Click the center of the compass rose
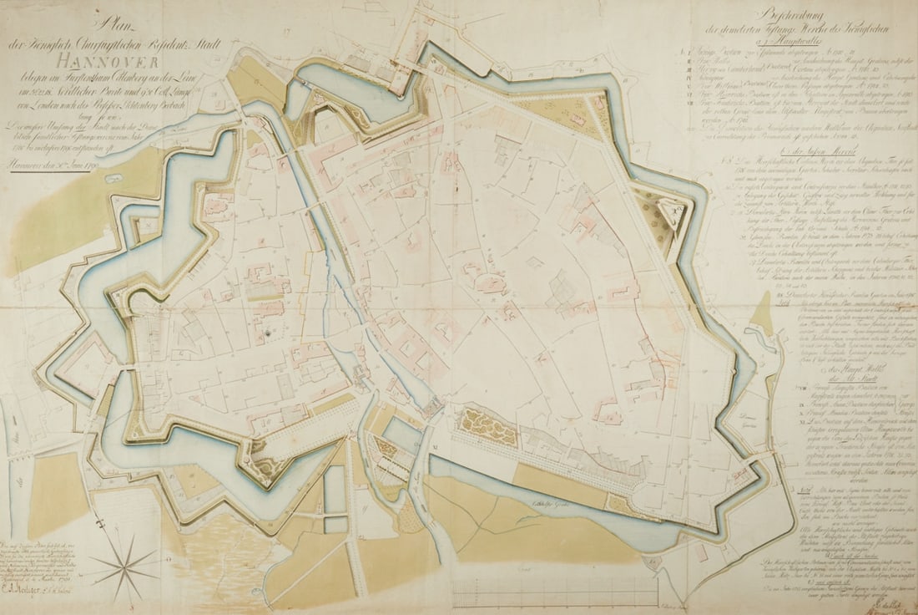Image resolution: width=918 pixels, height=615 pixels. (x=124, y=568)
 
